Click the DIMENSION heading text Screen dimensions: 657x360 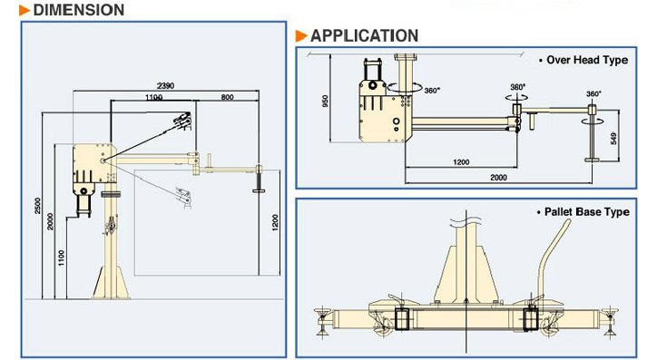coord(79,10)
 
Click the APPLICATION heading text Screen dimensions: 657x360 coord(364,35)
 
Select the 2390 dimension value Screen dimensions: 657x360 coord(165,86)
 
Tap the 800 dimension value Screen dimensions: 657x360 coord(227,97)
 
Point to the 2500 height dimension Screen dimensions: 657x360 coord(38,206)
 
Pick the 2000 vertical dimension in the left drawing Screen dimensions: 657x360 coord(50,221)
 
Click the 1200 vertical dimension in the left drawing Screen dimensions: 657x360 coord(275,223)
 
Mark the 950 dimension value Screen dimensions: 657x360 coord(325,102)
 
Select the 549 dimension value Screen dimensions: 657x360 coord(613,138)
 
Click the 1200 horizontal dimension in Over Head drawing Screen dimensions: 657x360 coord(461,162)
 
